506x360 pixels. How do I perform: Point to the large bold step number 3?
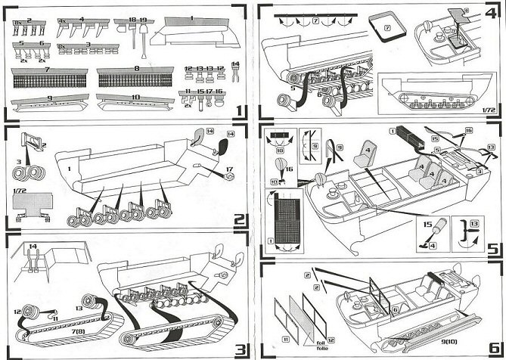239,349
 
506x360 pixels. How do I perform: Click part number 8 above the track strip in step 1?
137,69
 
